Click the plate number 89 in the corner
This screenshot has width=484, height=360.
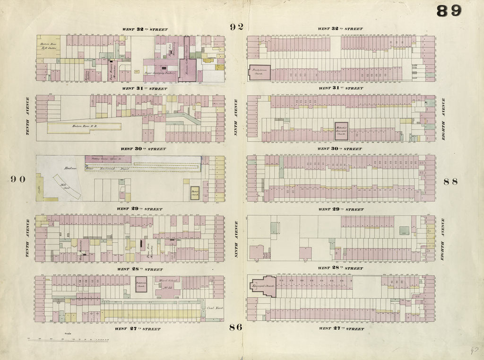[449, 11]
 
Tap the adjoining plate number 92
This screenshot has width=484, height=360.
[237, 27]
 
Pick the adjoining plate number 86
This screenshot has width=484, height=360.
[236, 327]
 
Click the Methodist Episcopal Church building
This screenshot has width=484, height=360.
[341, 131]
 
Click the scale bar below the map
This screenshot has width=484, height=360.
[69, 339]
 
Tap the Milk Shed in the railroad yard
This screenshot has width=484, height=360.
[66, 187]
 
